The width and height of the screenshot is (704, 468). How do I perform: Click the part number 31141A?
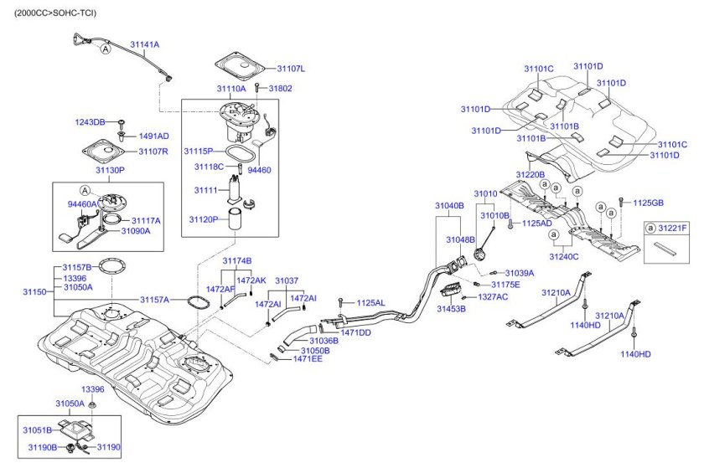[144, 44]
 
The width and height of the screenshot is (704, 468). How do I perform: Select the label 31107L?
[291, 69]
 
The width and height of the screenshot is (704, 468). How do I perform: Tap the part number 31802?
[281, 88]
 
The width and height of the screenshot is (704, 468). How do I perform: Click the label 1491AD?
[153, 136]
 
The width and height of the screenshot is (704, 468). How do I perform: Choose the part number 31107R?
[153, 152]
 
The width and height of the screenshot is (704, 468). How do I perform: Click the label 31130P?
[110, 170]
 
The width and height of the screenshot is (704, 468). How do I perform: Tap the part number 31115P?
[199, 151]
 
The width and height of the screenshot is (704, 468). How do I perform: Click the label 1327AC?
[493, 297]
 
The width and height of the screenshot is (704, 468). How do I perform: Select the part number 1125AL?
[370, 302]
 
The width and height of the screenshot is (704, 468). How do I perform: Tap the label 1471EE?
[308, 359]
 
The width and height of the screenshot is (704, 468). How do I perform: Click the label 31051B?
[37, 429]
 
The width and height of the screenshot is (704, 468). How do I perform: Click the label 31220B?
[530, 175]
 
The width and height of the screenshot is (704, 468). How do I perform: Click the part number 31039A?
[519, 273]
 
